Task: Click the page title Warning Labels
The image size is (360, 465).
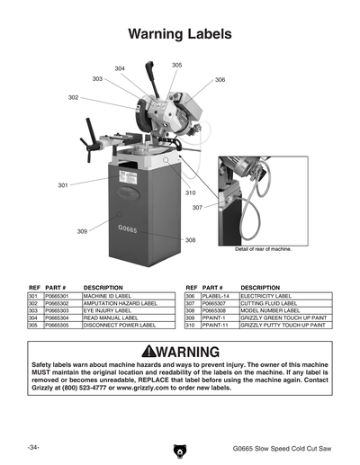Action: coord(180,34)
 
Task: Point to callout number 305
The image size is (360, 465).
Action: coord(176,65)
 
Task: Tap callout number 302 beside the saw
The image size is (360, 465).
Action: coord(73,97)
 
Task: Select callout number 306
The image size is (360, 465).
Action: coord(220,80)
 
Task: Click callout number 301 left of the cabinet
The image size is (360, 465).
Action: coord(63,185)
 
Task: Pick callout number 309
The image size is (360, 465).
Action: coord(82,231)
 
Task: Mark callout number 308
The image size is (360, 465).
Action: coord(190,240)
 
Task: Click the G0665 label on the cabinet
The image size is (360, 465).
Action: coord(128,228)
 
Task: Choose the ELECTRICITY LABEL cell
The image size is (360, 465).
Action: coord(265,296)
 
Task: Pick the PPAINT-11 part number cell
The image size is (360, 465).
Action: coord(215,325)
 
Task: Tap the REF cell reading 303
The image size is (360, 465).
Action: coord(32,310)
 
